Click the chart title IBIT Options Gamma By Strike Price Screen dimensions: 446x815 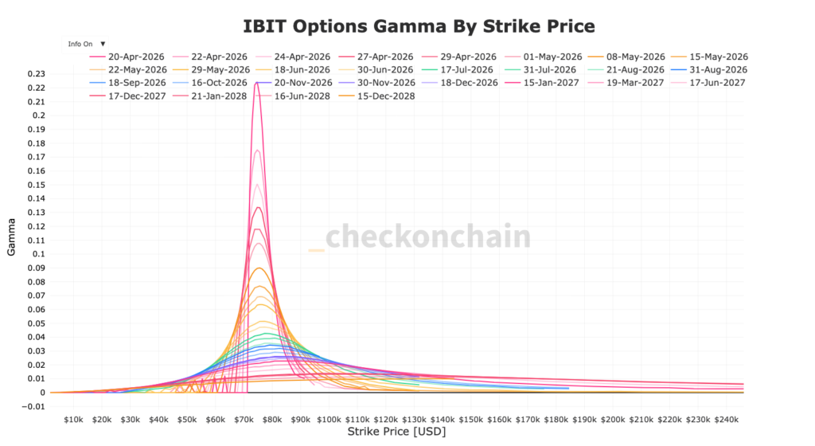click(x=419, y=26)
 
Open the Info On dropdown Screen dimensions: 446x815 click(x=86, y=44)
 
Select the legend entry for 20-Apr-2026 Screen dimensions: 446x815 click(x=131, y=57)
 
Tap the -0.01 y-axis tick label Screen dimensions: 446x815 click(x=33, y=406)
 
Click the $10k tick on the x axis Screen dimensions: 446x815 click(x=73, y=419)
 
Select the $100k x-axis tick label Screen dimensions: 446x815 click(x=329, y=419)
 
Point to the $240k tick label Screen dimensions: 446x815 click(x=727, y=419)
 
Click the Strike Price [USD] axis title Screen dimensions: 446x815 click(x=396, y=432)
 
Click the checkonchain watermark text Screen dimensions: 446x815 click(x=427, y=237)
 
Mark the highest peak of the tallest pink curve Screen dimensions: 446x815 click(x=257, y=82)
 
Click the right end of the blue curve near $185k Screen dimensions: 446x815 click(x=567, y=388)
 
